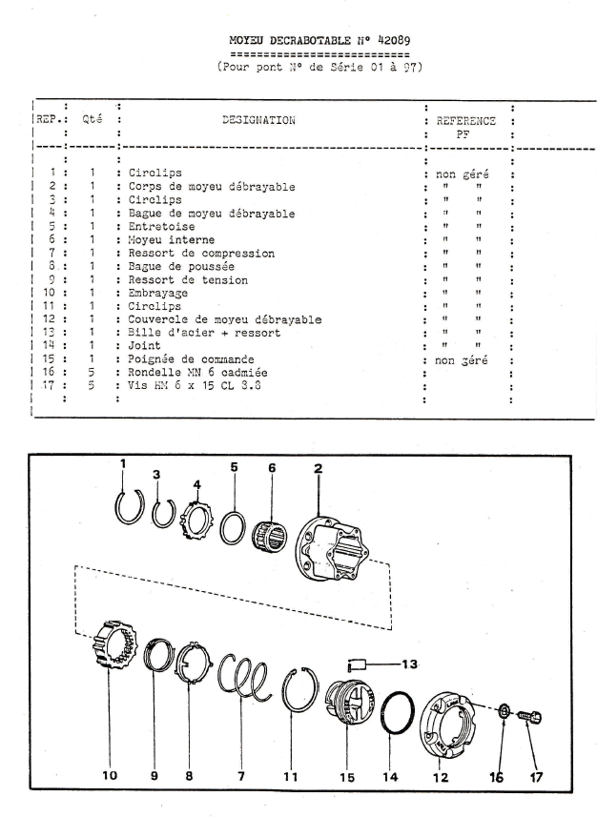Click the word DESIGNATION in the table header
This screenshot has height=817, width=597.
pyautogui.click(x=258, y=121)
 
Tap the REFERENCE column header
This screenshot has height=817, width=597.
pyautogui.click(x=465, y=121)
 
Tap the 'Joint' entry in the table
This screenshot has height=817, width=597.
pyautogui.click(x=142, y=346)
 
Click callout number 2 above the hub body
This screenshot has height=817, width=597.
pyautogui.click(x=318, y=469)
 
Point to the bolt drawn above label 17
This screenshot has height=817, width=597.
pyautogui.click(x=528, y=714)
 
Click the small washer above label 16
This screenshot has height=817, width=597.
pyautogui.click(x=504, y=712)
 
